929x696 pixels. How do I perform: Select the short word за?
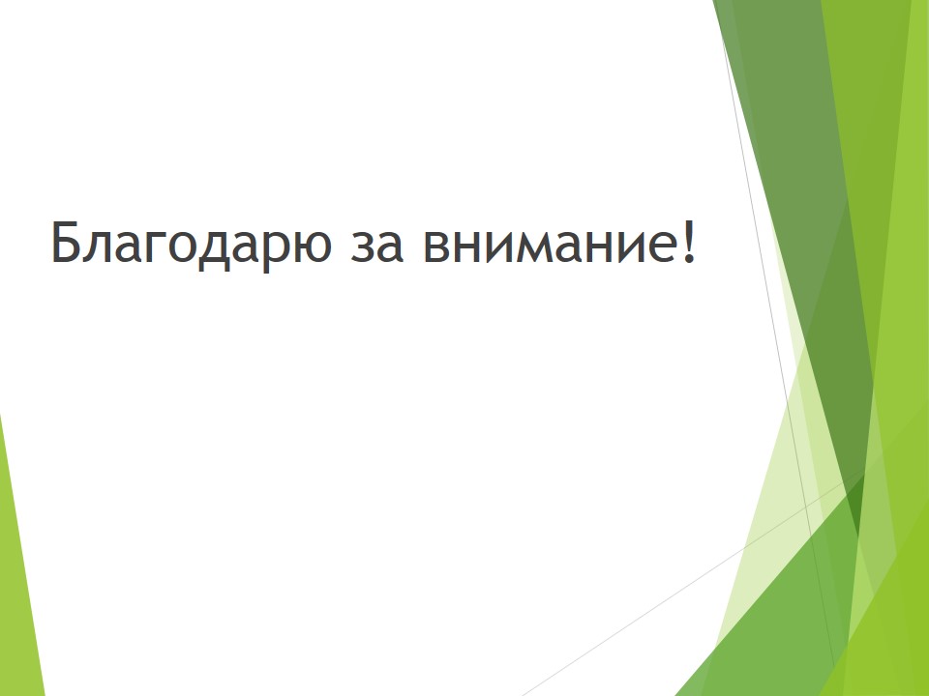[376, 246]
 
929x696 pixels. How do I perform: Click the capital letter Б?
[67, 241]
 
